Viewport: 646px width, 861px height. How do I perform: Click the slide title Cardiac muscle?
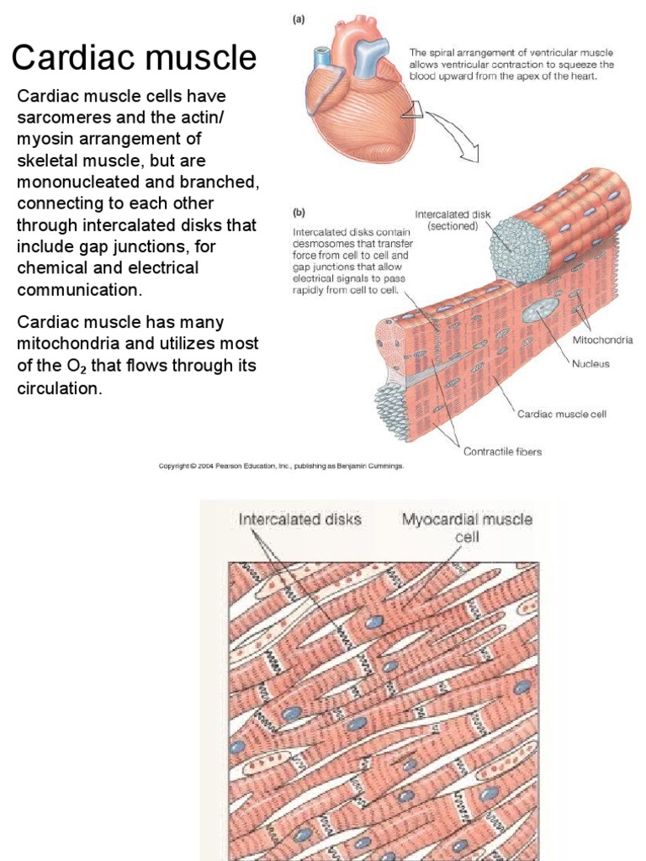pyautogui.click(x=134, y=58)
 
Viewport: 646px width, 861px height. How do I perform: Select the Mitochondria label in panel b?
pyautogui.click(x=602, y=341)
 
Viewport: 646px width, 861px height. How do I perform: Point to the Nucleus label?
pyautogui.click(x=590, y=365)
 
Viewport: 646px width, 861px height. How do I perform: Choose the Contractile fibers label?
pyautogui.click(x=503, y=452)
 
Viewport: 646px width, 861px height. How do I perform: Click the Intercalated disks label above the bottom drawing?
pyautogui.click(x=300, y=519)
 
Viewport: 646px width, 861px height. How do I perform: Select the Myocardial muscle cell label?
pyautogui.click(x=466, y=527)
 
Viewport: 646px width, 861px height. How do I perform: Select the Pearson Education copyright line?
pyautogui.click(x=282, y=465)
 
